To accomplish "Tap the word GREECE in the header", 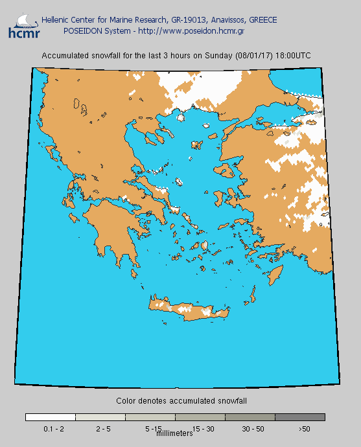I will coord(262,20).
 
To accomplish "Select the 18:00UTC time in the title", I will coord(293,56).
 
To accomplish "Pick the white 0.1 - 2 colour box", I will coord(51,417).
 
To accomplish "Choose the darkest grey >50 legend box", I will coord(300,417).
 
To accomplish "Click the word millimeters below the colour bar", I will coord(175,433).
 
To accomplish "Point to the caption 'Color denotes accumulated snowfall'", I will coord(181,402).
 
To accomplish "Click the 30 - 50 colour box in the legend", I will coord(250,417).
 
